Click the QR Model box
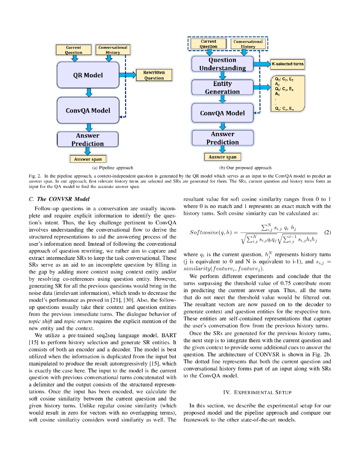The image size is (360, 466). pos(88,75)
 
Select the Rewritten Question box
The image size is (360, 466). pos(154,75)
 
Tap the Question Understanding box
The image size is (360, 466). pos(222,64)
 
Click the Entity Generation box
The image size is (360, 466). pos(222,87)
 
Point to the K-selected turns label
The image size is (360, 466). pos(288,64)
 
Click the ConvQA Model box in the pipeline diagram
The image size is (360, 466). pos(88,110)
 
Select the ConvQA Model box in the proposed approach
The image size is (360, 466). pos(222,113)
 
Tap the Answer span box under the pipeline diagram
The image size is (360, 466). pos(88,159)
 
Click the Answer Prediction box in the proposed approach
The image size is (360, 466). pos(222,138)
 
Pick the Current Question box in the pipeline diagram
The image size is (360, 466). pos(73,50)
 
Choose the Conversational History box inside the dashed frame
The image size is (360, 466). pos(248,44)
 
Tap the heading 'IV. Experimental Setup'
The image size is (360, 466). pos(257,392)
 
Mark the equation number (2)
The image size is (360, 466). pos(327,232)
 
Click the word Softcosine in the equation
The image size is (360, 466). pos(204,232)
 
